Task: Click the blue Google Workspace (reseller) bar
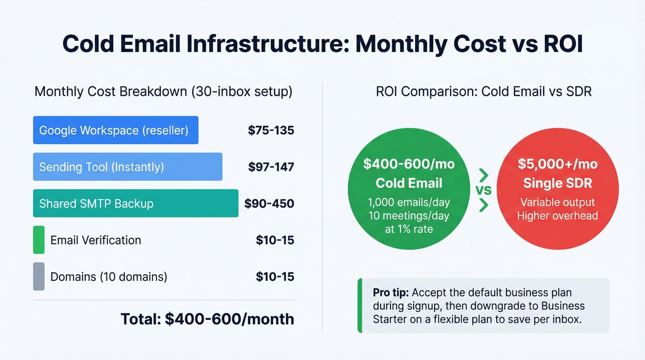(x=116, y=130)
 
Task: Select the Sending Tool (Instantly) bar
(x=128, y=166)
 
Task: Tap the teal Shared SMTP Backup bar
(x=135, y=203)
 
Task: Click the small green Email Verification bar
(x=39, y=240)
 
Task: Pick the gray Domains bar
(x=39, y=277)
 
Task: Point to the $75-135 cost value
(x=271, y=130)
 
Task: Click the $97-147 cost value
(x=271, y=167)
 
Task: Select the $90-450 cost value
(x=269, y=203)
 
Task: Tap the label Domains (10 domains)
(x=109, y=277)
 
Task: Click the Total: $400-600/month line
(x=207, y=319)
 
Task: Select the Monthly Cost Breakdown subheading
(x=163, y=91)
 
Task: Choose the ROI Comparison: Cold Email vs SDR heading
(x=483, y=91)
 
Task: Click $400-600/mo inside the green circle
(x=409, y=164)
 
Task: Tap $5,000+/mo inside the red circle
(x=557, y=164)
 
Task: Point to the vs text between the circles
(x=483, y=190)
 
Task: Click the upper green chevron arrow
(x=483, y=175)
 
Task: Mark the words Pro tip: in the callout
(x=390, y=293)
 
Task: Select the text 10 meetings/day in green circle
(x=409, y=215)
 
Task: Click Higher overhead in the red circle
(x=557, y=215)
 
